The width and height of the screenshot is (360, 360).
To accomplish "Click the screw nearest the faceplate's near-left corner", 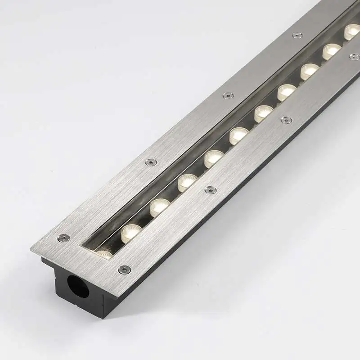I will coord(64,238).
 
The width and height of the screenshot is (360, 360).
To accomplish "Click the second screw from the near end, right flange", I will coord(210,190).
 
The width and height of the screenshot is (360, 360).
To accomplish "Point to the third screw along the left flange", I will coord(228,95).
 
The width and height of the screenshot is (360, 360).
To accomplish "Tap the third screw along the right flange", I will coord(285,120).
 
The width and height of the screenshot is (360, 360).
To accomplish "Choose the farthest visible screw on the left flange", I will coord(297,35).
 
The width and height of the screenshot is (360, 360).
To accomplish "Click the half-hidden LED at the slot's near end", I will coord(104,254).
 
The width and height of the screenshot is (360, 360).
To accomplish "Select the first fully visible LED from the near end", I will coord(131,231).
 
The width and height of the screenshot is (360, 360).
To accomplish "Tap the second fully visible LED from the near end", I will coord(159,207).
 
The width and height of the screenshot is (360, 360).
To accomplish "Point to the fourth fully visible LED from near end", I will coord(213,158).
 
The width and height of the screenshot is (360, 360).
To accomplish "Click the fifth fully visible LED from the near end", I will coord(238,135).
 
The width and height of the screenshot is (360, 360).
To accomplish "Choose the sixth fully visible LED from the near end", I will coord(263,113).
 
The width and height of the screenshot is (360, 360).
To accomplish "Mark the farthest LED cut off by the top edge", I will coord(352,31).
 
